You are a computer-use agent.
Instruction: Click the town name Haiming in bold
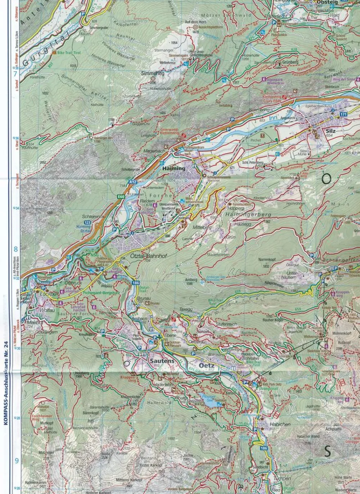(174, 168)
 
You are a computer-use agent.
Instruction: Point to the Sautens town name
(162, 361)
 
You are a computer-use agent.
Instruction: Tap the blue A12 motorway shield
(132, 182)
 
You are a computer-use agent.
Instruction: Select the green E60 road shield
(121, 196)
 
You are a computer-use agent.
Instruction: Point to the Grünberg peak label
(290, 62)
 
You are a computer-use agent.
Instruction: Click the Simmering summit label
(153, 73)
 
